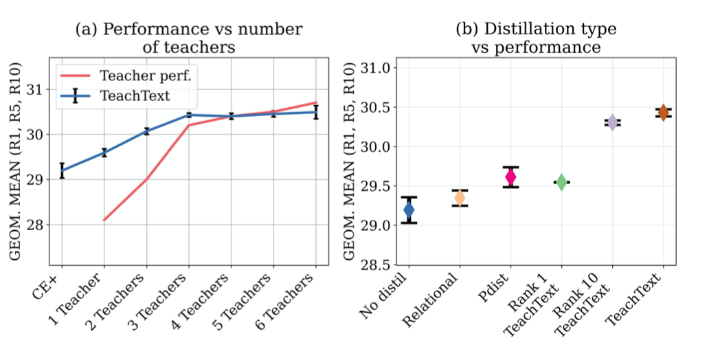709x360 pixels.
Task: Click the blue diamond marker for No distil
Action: click(x=409, y=210)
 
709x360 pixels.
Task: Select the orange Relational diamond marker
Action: click(x=460, y=198)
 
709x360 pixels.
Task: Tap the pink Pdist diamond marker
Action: click(x=510, y=177)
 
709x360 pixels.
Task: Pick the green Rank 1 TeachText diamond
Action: click(x=561, y=182)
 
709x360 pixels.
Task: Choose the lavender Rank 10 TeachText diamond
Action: click(x=612, y=122)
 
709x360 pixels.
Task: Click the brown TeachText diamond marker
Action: click(x=663, y=113)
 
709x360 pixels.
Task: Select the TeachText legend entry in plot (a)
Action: click(x=115, y=96)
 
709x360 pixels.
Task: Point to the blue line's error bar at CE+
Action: click(x=62, y=170)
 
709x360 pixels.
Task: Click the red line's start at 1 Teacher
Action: click(x=104, y=221)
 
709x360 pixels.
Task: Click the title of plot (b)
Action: click(x=536, y=38)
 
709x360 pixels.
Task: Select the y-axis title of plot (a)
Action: click(x=15, y=161)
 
